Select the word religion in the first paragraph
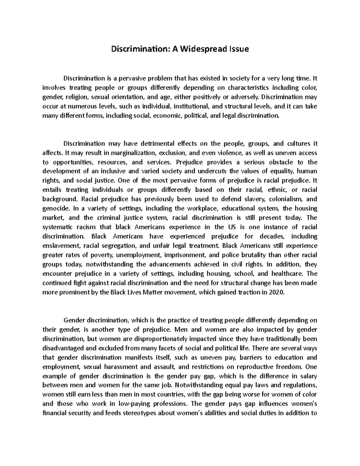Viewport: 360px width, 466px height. pos(76,97)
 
